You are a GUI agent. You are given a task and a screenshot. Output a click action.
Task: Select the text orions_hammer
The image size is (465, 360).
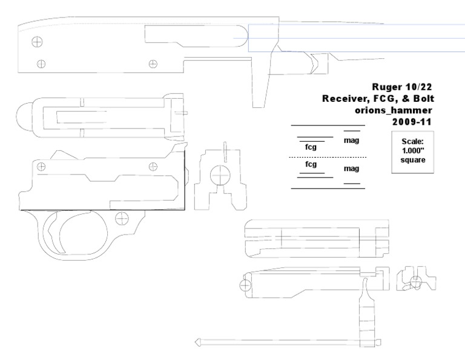tap(394, 110)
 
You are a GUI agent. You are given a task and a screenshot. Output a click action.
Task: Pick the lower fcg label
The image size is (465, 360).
tap(311, 164)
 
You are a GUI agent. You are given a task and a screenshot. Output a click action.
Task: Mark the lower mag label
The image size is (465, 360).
tap(352, 168)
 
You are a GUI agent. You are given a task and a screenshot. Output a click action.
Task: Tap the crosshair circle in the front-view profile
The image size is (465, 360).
tap(220, 176)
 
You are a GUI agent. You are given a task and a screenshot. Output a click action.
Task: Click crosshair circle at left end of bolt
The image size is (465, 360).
tap(245, 285)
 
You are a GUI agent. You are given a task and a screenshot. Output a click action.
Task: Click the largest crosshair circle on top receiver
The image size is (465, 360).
tap(38, 42)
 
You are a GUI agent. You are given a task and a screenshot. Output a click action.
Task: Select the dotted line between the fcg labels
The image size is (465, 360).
tap(328, 158)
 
